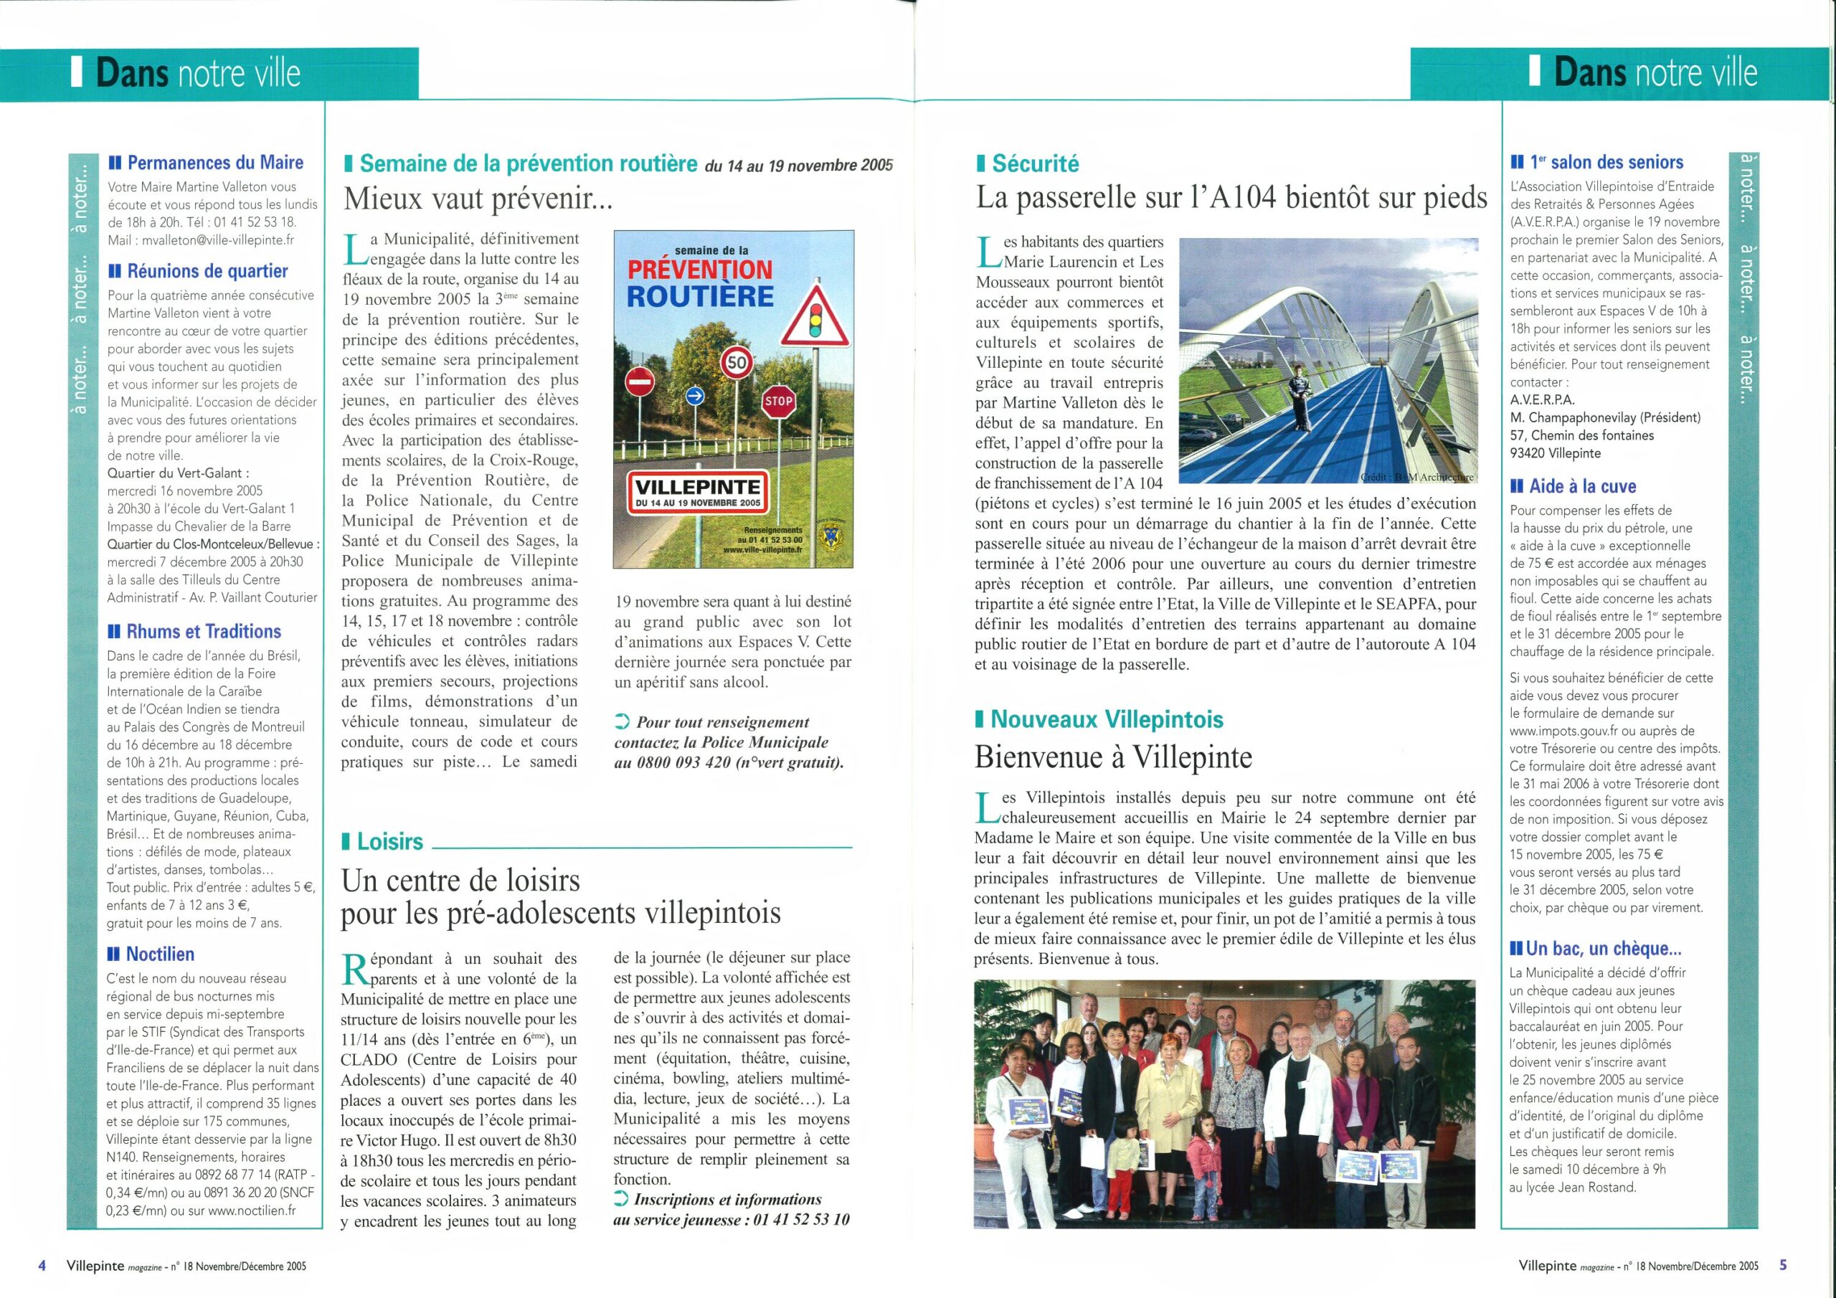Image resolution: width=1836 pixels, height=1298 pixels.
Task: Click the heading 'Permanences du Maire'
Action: pyautogui.click(x=214, y=162)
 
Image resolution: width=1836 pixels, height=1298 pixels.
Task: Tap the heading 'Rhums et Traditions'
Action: pyautogui.click(x=203, y=631)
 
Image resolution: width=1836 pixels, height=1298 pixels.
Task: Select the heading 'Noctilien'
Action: pyautogui.click(x=160, y=953)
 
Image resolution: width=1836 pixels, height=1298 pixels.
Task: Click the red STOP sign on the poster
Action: pyautogui.click(x=778, y=402)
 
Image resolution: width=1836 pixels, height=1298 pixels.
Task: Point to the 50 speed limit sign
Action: pyautogui.click(x=737, y=364)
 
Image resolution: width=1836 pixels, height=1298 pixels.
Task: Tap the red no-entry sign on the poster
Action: pyautogui.click(x=640, y=382)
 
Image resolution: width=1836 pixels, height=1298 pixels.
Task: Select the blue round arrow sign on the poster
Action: pyautogui.click(x=695, y=395)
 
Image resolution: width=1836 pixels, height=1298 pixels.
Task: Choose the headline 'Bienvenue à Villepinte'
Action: pyautogui.click(x=1112, y=757)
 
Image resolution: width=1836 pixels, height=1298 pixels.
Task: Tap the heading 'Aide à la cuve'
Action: pyautogui.click(x=1581, y=486)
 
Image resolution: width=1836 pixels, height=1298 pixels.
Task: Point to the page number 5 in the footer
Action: pyautogui.click(x=1782, y=1265)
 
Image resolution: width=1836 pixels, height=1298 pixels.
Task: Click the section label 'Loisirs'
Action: pyautogui.click(x=389, y=841)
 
